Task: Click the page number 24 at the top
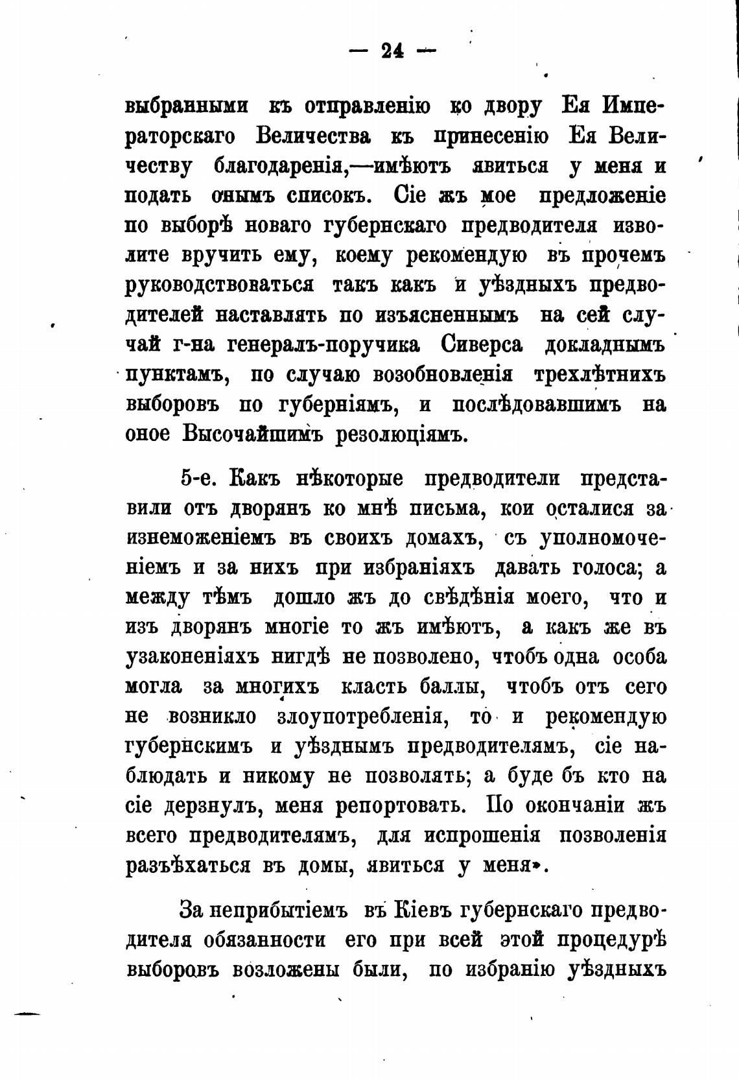[392, 51]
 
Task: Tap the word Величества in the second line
[314, 136]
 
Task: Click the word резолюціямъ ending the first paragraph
[401, 434]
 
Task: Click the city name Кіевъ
[419, 910]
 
